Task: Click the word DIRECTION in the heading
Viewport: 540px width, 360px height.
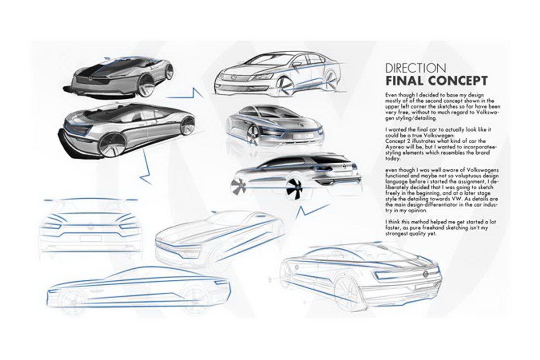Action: [416, 68]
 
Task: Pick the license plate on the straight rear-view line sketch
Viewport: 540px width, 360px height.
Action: [90, 238]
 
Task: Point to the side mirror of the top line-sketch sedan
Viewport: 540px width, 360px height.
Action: [296, 64]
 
